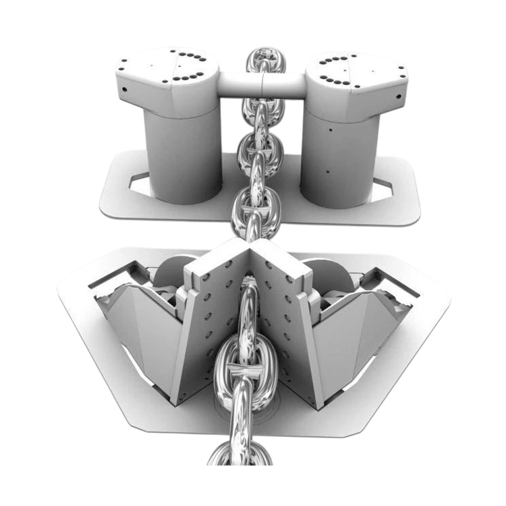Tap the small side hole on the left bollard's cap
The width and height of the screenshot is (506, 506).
coord(123,90)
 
